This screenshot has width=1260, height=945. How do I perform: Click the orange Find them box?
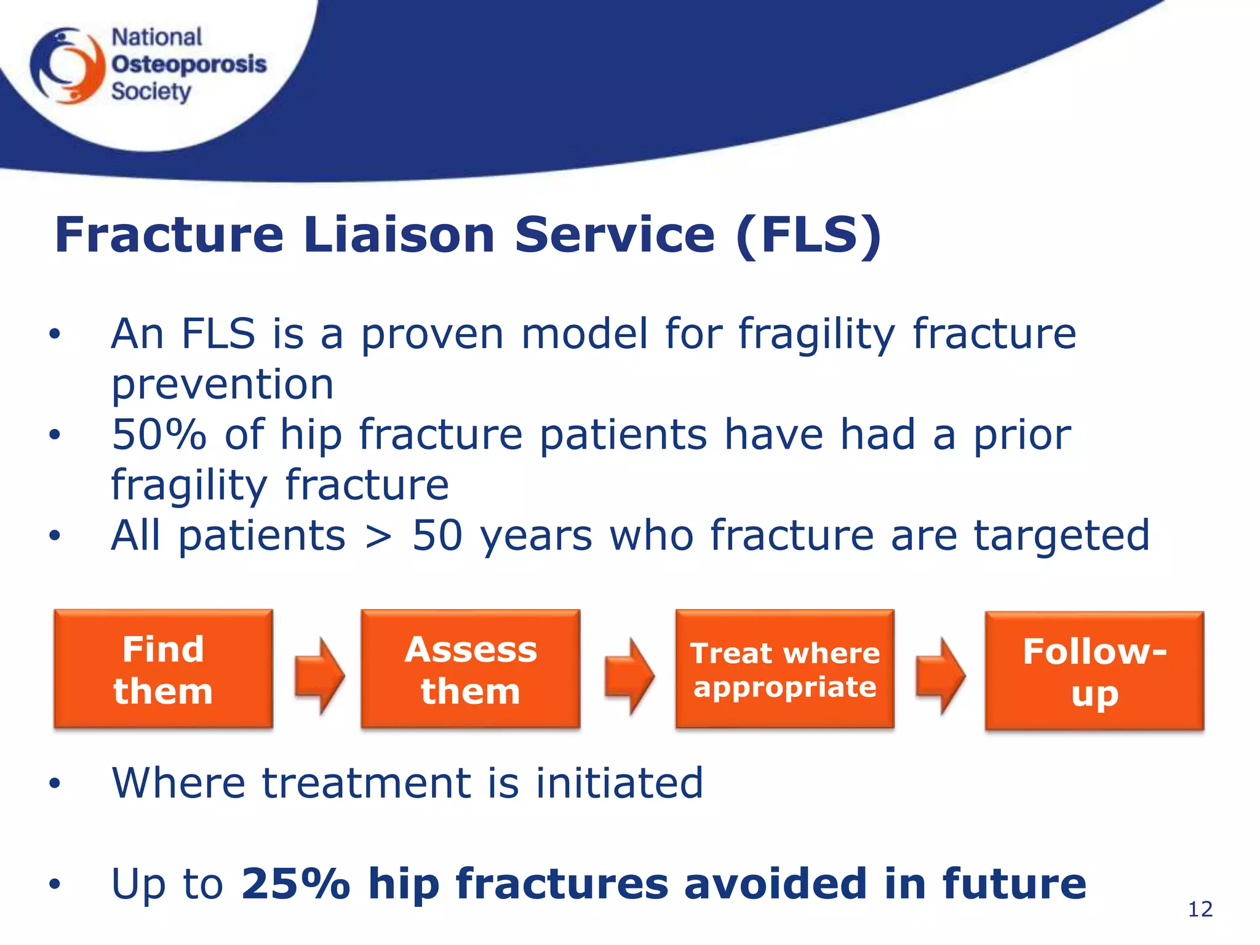(163, 669)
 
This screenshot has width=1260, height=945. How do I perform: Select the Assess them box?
(471, 669)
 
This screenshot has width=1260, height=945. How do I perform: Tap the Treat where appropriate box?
(785, 669)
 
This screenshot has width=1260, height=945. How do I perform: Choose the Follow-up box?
(1095, 671)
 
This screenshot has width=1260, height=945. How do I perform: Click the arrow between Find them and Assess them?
(319, 676)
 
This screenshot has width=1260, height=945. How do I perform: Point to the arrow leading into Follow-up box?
(940, 676)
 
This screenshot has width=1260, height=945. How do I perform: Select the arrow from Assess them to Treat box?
(629, 676)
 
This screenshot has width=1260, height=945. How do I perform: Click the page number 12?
(1200, 909)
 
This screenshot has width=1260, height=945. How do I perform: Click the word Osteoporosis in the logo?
(189, 64)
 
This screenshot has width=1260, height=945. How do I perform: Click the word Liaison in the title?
(399, 235)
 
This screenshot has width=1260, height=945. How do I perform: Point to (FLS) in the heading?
(808, 235)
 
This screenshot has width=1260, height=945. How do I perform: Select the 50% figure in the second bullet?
(159, 434)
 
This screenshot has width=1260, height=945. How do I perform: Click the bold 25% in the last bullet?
(295, 883)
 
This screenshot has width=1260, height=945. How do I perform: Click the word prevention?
(222, 385)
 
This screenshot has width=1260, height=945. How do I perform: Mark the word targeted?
(1062, 535)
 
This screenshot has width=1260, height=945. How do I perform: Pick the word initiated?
(619, 783)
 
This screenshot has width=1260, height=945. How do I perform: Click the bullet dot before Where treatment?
(55, 783)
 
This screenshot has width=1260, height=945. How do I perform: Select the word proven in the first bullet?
(432, 335)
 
